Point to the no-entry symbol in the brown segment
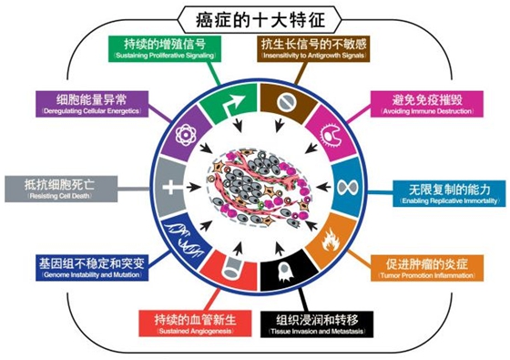pyautogui.click(x=283, y=97)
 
